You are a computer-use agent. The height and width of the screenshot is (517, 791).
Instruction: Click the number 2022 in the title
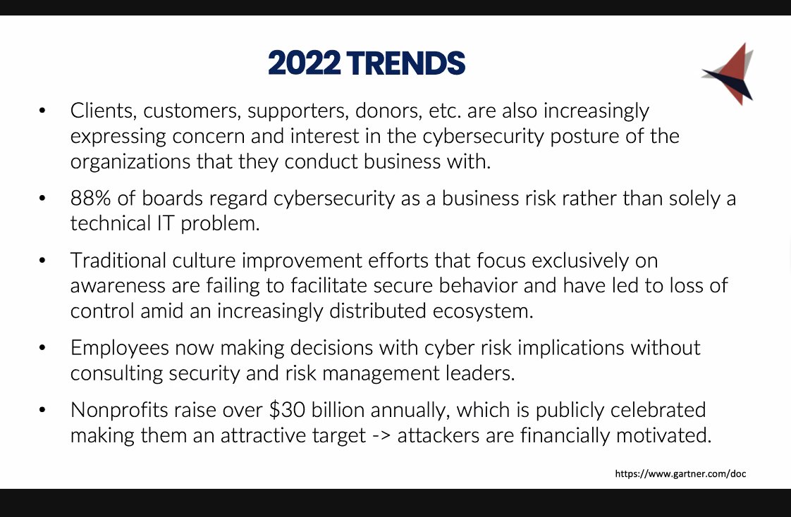(x=304, y=63)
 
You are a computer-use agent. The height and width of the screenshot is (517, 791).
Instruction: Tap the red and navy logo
(x=728, y=74)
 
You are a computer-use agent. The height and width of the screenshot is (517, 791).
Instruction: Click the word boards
(x=163, y=198)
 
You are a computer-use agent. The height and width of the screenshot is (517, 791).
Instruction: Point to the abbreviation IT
(x=164, y=223)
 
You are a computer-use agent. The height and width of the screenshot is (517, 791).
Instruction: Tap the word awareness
(x=121, y=285)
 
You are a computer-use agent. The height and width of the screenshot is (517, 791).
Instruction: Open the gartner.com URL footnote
(x=680, y=474)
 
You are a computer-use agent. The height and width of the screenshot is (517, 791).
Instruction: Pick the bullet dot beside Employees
(x=43, y=348)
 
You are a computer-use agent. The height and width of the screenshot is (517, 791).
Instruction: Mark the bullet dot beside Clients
(x=43, y=111)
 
